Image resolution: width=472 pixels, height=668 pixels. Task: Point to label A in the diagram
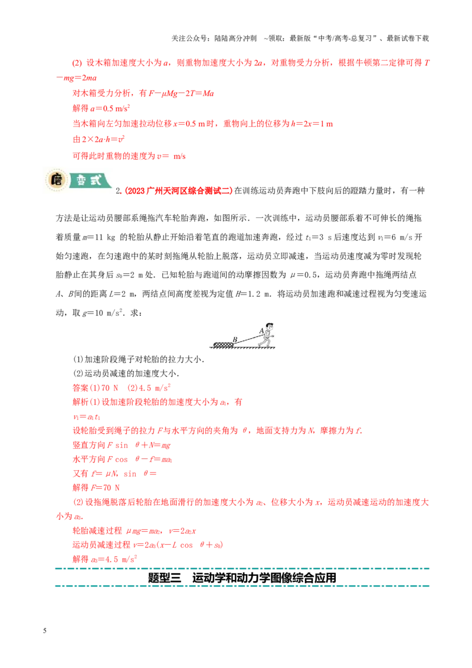(261, 330)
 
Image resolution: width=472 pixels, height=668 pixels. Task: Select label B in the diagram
(235, 339)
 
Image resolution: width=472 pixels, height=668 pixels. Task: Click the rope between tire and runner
(248, 338)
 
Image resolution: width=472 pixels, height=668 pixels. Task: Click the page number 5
(45, 630)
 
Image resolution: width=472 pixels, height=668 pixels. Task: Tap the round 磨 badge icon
(56, 180)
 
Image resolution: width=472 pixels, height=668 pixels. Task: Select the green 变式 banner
(90, 180)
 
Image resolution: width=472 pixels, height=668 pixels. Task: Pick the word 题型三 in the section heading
(165, 578)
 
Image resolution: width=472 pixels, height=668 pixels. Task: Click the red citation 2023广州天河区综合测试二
(179, 191)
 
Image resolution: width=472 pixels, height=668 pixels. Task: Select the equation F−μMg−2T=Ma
(181, 93)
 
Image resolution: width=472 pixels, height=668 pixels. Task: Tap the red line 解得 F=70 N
(96, 488)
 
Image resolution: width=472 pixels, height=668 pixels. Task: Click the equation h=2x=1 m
(312, 124)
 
